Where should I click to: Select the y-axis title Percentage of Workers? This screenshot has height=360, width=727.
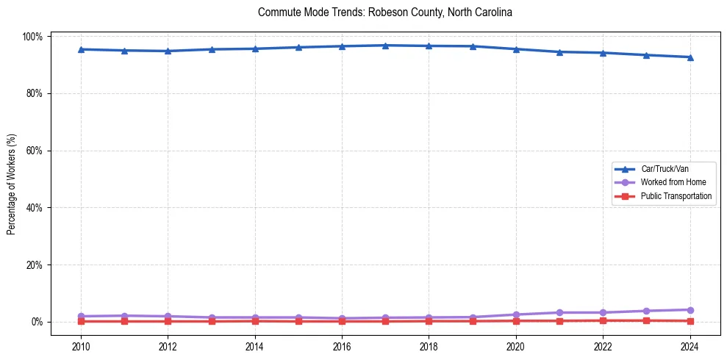pos(11,179)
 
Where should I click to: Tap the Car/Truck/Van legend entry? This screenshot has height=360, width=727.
pos(664,169)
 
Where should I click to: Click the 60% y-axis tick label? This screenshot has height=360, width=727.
pos(35,151)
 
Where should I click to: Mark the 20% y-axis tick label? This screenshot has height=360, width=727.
pos(35,264)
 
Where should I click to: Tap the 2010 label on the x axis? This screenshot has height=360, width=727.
pos(81,347)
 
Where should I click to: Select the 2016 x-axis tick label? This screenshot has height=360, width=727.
pos(342,347)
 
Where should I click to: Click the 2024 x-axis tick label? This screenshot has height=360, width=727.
pos(690,347)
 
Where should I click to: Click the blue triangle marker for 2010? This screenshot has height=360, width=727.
pos(81,49)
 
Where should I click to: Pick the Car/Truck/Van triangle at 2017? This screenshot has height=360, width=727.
pos(385,46)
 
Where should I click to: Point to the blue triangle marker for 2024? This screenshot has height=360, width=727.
pos(690,57)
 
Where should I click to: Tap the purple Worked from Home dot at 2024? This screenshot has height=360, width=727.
pos(690,310)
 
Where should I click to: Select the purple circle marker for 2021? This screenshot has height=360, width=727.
pos(559,312)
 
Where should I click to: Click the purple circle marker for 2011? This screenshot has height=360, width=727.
pos(124,316)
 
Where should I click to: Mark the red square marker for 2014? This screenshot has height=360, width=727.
pos(255,321)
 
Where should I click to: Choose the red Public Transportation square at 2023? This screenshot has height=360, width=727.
pos(646,320)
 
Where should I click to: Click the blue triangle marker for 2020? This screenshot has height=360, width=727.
pos(516,49)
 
